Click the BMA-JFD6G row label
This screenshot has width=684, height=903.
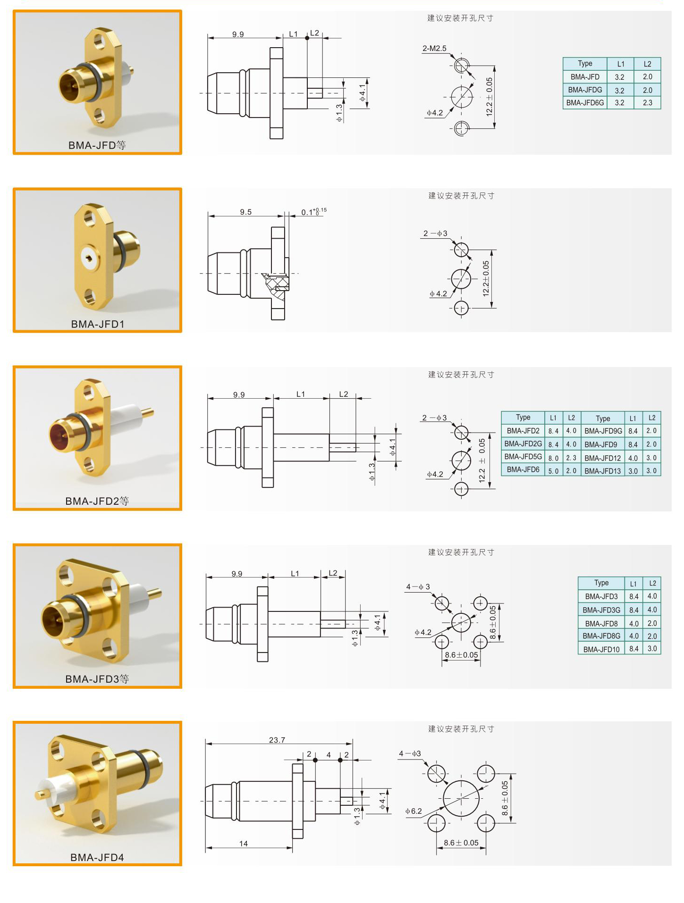(x=585, y=103)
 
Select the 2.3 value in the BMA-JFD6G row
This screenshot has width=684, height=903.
(x=647, y=103)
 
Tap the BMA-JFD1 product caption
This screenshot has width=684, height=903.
(x=98, y=324)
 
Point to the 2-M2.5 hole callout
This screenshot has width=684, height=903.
(x=434, y=49)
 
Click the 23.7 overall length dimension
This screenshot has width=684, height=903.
(x=277, y=740)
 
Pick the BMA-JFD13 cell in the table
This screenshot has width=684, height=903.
(x=602, y=471)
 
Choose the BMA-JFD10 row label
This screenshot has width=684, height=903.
(x=601, y=649)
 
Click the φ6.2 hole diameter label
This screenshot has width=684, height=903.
(x=414, y=811)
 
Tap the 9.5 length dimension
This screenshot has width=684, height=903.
(x=245, y=212)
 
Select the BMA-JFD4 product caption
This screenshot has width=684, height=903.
(x=97, y=857)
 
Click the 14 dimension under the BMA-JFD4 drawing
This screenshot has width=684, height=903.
(x=244, y=844)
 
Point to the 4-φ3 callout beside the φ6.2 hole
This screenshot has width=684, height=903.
(x=410, y=753)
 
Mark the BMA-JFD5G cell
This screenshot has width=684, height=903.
(x=523, y=457)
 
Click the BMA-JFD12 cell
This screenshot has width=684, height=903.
(x=602, y=458)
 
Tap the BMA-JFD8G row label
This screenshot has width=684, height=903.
(x=601, y=636)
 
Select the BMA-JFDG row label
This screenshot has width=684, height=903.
(x=585, y=90)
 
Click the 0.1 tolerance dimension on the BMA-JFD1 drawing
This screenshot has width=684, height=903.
(x=314, y=211)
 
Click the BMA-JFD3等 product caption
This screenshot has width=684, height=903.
(x=97, y=679)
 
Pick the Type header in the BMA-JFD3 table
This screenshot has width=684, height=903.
(x=601, y=583)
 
